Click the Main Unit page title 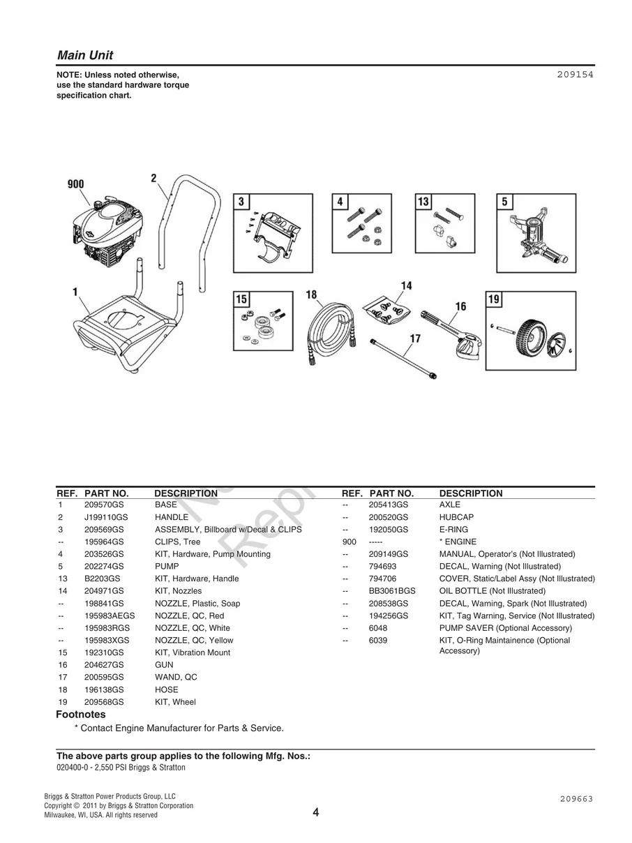pyautogui.click(x=84, y=55)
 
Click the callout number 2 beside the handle pyautogui.click(x=153, y=178)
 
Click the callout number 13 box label pyautogui.click(x=423, y=202)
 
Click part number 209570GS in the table pyautogui.click(x=104, y=505)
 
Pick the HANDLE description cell pyautogui.click(x=172, y=517)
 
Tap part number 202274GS pyautogui.click(x=104, y=566)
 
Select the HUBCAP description pyautogui.click(x=456, y=517)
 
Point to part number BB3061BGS pyautogui.click(x=392, y=591)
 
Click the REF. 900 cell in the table pyautogui.click(x=349, y=542)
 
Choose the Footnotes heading pyautogui.click(x=80, y=715)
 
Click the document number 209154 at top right pyautogui.click(x=575, y=73)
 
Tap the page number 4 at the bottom pyautogui.click(x=316, y=812)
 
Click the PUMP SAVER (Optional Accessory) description pyautogui.click(x=505, y=628)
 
